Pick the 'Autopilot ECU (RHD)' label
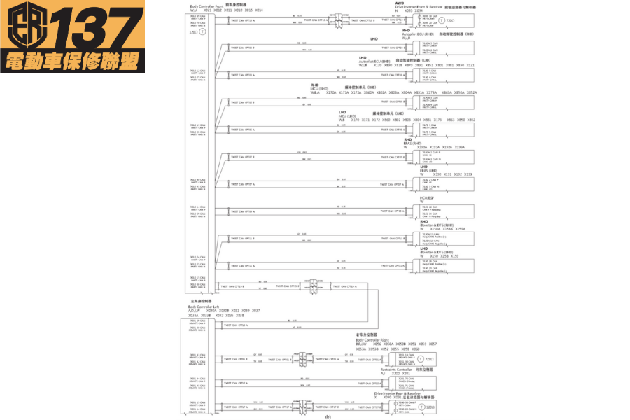click(422, 34)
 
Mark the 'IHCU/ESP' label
click(427, 197)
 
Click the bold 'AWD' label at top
click(400, 3)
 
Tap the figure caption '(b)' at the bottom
click(329, 417)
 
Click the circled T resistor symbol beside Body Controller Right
click(420, 359)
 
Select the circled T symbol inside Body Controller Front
click(204, 33)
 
